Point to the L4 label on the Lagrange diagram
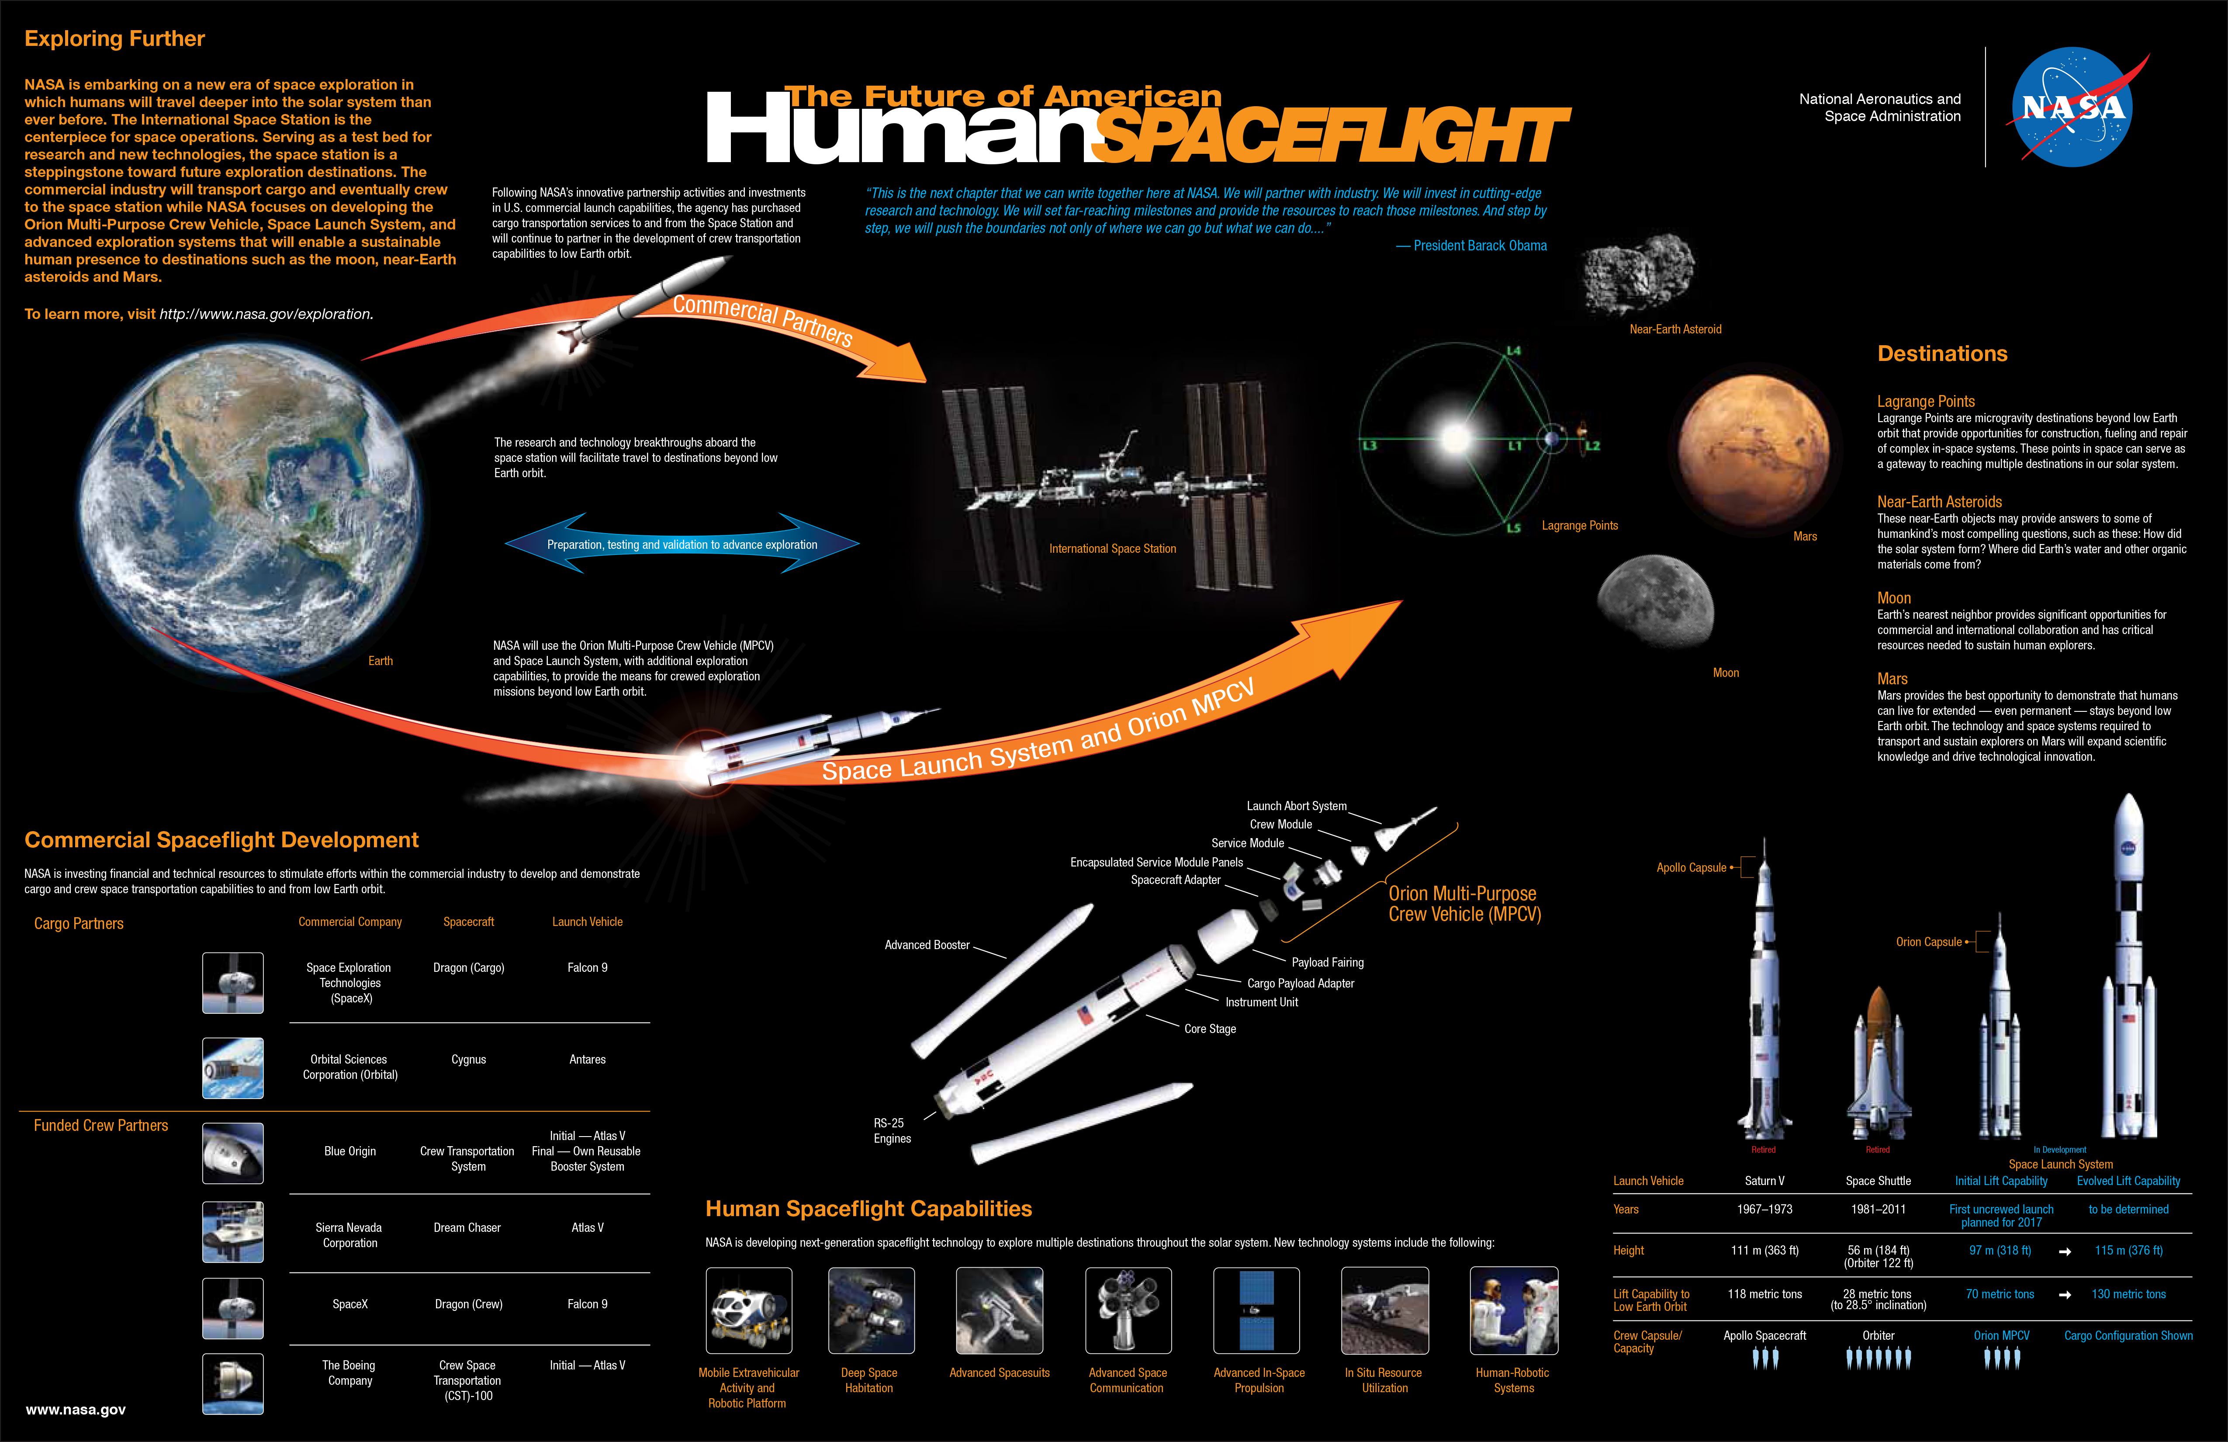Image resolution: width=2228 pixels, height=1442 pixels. (x=1514, y=351)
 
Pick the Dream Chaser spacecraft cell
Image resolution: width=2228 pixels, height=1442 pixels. (x=467, y=1227)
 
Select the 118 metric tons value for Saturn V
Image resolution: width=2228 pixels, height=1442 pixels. (x=1764, y=1294)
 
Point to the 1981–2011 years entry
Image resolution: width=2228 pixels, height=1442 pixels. (x=1878, y=1209)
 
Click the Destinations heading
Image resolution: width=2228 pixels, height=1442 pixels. (x=1942, y=354)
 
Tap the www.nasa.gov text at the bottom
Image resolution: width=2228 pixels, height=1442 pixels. (x=76, y=1409)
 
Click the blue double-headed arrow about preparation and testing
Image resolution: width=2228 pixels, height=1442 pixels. (x=682, y=544)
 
